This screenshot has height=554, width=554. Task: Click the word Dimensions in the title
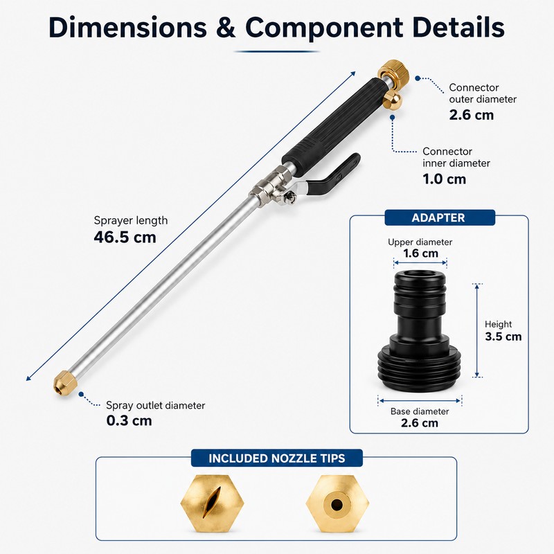pos(127,28)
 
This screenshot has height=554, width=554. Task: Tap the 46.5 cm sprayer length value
pos(125,237)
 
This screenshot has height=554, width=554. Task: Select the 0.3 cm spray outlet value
pos(129,421)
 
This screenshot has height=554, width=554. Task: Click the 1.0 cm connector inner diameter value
pos(444,179)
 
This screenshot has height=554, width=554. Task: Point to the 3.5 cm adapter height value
pos(503,337)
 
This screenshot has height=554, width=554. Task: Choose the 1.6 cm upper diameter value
pos(420,253)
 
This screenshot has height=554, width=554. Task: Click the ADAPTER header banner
pos(440,217)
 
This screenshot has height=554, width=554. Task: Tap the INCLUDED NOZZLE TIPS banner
pos(276,458)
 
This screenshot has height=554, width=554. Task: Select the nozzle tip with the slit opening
pos(212,503)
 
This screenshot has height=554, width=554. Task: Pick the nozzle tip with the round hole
pos(337,503)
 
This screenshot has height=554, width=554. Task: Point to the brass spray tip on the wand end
pos(65,383)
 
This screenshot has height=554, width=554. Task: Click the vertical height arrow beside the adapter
pos(477,330)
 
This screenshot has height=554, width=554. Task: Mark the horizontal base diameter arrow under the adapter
pos(420,401)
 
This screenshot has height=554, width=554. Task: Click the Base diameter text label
pos(420,411)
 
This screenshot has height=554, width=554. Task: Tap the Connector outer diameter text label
pos(483,93)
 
